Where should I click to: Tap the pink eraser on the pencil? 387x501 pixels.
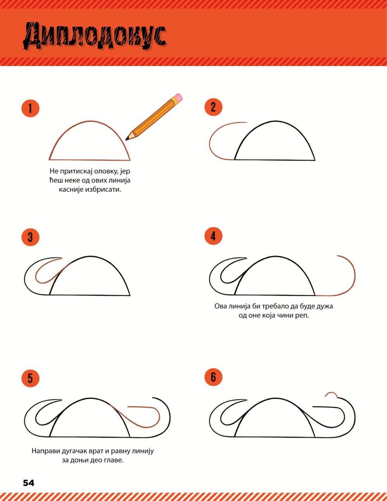tap(178, 97)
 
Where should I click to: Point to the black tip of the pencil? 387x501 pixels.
tap(127, 139)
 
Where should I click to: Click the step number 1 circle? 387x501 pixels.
tap(31, 108)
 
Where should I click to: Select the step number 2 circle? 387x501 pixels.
tap(213, 107)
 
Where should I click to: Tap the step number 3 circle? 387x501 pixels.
tap(31, 237)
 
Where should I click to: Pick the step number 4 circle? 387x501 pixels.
tap(213, 236)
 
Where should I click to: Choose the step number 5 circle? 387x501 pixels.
tap(31, 378)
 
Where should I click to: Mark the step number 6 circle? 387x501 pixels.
tap(213, 377)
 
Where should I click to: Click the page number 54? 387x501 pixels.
tap(29, 483)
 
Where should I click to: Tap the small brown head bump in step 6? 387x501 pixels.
tap(331, 395)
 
